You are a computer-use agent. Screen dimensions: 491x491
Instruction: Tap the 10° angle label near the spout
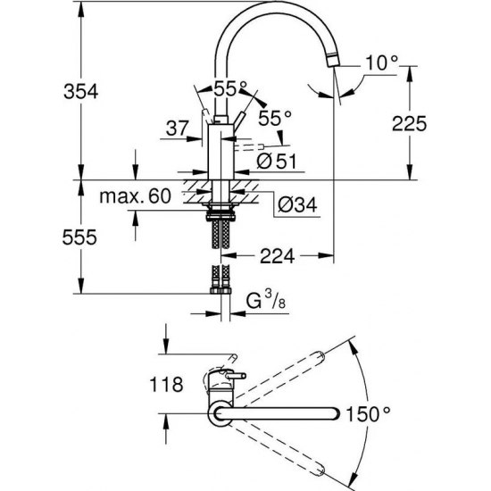coord(382,62)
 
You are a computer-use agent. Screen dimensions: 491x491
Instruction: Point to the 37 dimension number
coord(177,129)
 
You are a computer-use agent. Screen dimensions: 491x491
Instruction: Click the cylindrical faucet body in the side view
coord(221,152)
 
